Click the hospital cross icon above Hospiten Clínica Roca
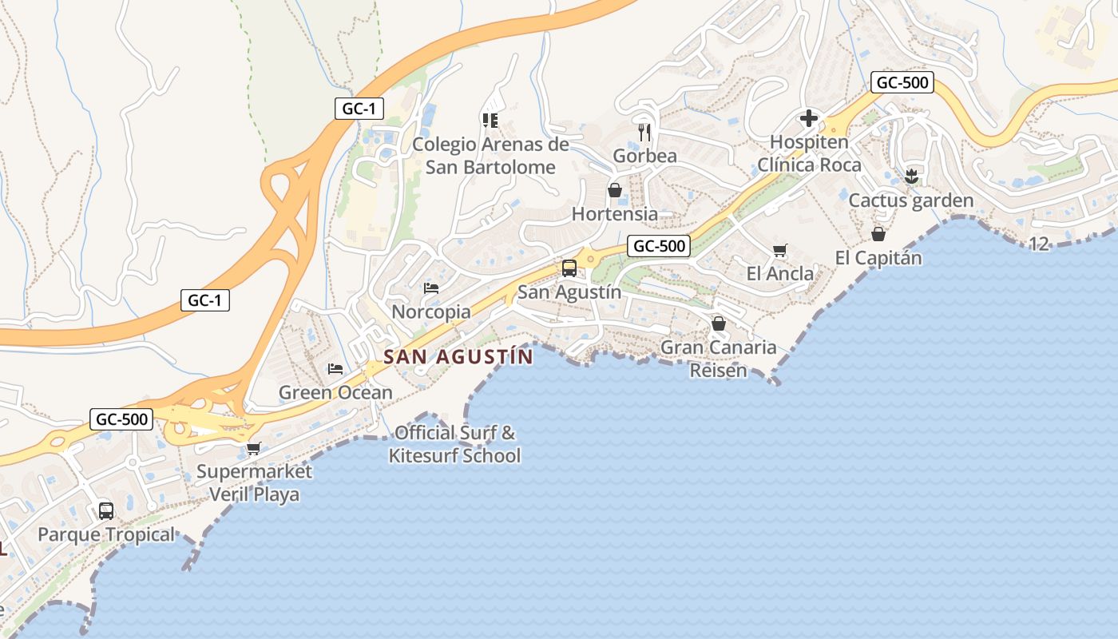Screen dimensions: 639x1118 coord(809,119)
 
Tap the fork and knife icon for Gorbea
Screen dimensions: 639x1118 coord(644,132)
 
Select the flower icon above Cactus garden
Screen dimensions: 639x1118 coord(911,177)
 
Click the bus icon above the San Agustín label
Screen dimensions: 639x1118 coord(569,268)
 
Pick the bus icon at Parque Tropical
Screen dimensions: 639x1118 coord(105,510)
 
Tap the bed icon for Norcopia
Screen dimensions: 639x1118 coord(431,288)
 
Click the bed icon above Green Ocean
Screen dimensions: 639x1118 coord(335,369)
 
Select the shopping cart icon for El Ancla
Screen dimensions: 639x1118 coord(780,250)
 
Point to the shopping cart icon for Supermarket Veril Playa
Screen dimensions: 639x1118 coord(253,448)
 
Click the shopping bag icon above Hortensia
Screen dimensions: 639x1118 coord(615,190)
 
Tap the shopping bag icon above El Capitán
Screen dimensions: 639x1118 coord(878,234)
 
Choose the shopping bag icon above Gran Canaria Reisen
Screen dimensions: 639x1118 coord(719,323)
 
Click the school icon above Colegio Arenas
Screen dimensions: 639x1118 coord(490,121)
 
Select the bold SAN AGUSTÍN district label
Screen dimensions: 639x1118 coord(458,357)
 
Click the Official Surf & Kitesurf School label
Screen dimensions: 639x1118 coord(454,445)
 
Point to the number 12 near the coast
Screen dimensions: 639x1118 coord(1039,244)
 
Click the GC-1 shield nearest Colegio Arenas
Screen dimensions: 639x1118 coord(359,109)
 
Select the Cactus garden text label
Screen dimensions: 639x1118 coord(910,200)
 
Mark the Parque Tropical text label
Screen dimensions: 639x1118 coord(106,534)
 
